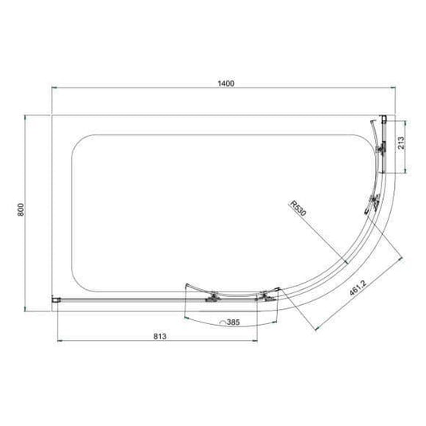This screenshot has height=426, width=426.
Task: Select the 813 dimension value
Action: pos(158,336)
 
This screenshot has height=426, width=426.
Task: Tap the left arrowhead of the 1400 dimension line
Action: pos(54,89)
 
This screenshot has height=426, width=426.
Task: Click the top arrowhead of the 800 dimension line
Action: pos(28,117)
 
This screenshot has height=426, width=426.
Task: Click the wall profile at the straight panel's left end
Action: pos(56,300)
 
